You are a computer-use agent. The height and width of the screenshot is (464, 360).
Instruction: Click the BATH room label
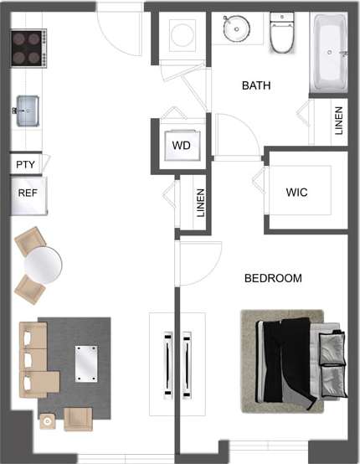click(x=256, y=85)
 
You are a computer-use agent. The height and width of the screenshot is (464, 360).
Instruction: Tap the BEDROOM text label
click(x=273, y=278)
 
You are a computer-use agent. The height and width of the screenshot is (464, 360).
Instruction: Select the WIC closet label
click(x=296, y=193)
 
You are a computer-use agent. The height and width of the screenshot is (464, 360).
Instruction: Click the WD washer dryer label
click(x=182, y=146)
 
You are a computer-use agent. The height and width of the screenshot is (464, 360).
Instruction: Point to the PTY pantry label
click(x=26, y=164)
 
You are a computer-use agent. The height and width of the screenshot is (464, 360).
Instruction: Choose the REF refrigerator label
click(x=28, y=193)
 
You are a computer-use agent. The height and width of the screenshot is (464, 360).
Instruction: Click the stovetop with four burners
click(x=28, y=49)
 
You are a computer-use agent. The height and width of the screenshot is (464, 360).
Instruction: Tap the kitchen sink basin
click(x=28, y=108)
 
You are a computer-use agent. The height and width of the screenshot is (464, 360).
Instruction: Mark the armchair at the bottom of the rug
click(x=78, y=418)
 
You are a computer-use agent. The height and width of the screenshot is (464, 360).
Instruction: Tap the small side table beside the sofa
click(x=48, y=421)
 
